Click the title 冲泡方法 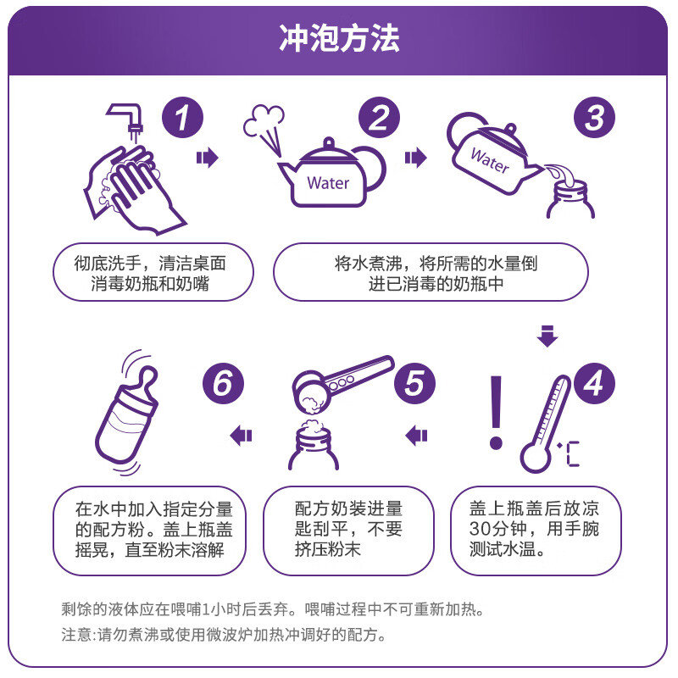[x=340, y=38]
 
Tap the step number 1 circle [x=182, y=117]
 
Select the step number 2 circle [x=379, y=117]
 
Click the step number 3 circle [x=595, y=117]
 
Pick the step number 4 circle [x=595, y=383]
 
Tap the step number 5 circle [x=414, y=383]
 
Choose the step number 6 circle [x=223, y=383]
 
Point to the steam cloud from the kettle [x=264, y=122]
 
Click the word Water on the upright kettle [x=328, y=183]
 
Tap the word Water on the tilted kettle [x=490, y=160]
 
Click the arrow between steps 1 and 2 [x=208, y=158]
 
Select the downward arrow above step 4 [x=547, y=336]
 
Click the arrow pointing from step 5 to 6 [x=241, y=435]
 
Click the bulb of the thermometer [x=535, y=458]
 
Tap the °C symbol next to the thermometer [x=569, y=454]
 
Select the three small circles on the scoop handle [x=342, y=383]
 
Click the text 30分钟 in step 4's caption [x=497, y=529]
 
